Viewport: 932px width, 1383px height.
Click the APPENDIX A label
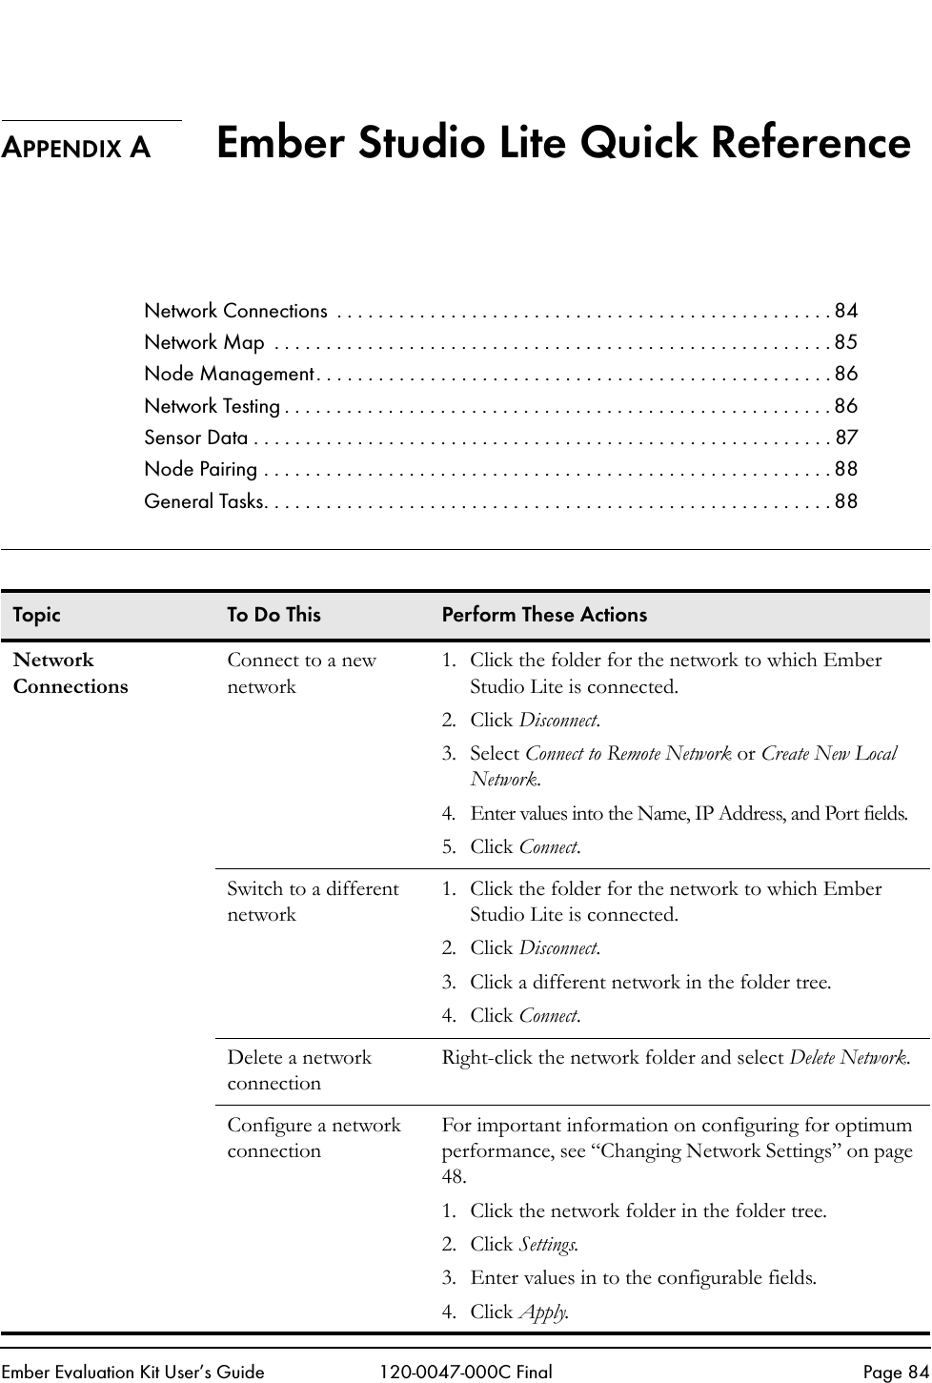(76, 148)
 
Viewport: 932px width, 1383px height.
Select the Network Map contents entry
(205, 342)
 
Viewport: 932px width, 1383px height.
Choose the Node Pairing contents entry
(200, 469)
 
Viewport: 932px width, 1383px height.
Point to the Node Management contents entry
(230, 374)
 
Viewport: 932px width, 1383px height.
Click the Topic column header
(36, 615)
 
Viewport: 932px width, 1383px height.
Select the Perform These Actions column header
(544, 615)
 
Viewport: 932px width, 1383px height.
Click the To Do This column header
(274, 615)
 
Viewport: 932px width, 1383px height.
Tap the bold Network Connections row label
(71, 673)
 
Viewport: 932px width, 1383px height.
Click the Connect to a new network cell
(301, 673)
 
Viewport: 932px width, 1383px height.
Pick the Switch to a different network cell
(313, 901)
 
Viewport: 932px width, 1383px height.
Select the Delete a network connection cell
(299, 1069)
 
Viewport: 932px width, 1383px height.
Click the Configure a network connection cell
(314, 1137)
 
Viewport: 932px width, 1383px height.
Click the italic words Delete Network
(848, 1057)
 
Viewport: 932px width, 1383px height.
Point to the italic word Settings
(547, 1244)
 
